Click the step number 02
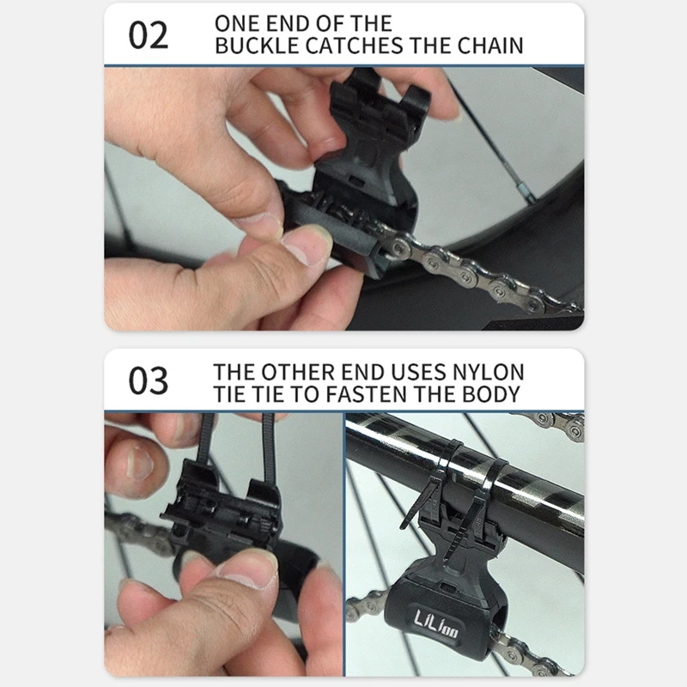coord(148,36)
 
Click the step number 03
coord(148,380)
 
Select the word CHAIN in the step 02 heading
coord(490,46)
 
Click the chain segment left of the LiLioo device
coord(367,606)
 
